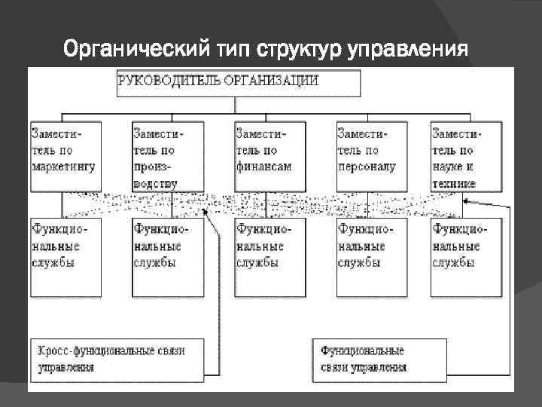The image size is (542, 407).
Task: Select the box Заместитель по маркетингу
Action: (64, 155)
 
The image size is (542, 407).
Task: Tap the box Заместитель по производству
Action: (166, 155)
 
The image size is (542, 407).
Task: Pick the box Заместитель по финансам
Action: (269, 155)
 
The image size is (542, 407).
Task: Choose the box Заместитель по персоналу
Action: (371, 155)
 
